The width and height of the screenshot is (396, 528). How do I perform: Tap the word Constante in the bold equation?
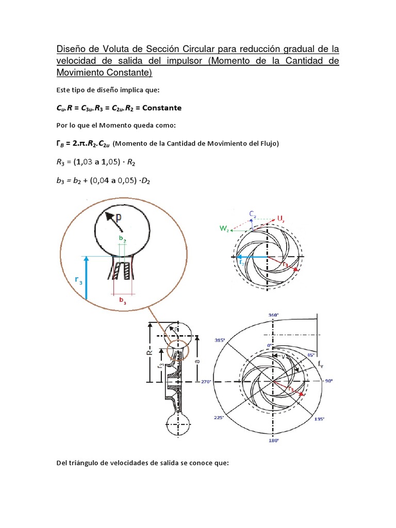tap(160, 108)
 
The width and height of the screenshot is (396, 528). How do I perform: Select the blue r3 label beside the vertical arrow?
tap(78, 280)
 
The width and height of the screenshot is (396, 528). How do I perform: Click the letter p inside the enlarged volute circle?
tap(118, 217)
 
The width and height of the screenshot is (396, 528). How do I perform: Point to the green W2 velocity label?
tap(224, 228)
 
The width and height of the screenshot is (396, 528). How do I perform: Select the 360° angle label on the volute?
tap(273, 315)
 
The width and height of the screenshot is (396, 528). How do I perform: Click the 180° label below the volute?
tap(273, 441)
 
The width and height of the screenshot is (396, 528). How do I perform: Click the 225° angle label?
tap(219, 418)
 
